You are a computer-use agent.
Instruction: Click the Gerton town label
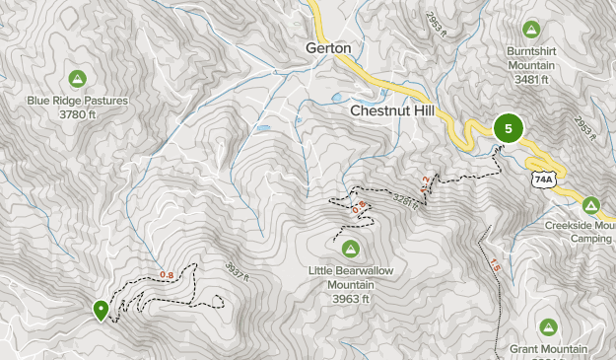tap(328, 47)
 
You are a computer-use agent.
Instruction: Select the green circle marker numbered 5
tap(509, 128)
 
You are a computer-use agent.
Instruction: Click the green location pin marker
tap(101, 309)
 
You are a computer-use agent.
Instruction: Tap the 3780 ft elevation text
tap(77, 114)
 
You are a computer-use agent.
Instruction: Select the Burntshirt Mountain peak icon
tap(532, 29)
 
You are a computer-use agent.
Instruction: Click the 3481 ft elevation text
tap(532, 80)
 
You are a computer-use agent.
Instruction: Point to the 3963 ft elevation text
tap(350, 299)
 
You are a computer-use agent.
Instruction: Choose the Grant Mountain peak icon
tap(549, 326)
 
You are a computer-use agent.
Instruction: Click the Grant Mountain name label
tap(549, 349)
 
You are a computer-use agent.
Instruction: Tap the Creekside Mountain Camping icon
tap(590, 205)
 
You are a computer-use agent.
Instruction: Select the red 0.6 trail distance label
tap(360, 205)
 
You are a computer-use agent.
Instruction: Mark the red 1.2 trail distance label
tap(426, 182)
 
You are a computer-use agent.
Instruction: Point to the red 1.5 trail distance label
tap(494, 265)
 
